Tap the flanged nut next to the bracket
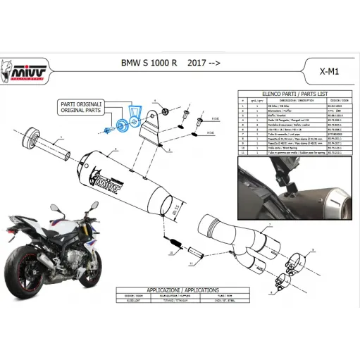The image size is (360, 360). [x=163, y=112]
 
